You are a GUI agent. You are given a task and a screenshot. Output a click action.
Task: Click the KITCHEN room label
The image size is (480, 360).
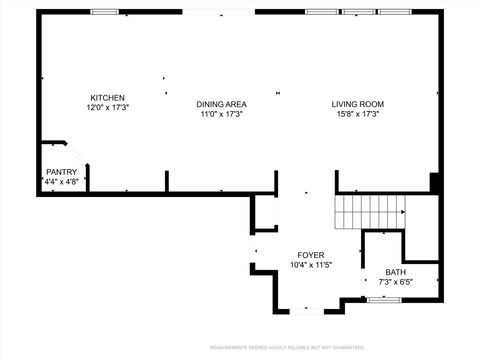(x=108, y=98)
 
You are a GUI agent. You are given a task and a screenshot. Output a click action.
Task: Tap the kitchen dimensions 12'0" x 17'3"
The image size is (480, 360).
(x=108, y=107)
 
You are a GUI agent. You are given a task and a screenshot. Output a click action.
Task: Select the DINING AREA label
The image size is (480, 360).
(x=221, y=104)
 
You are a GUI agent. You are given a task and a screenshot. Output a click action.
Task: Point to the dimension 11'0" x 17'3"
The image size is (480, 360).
(x=221, y=114)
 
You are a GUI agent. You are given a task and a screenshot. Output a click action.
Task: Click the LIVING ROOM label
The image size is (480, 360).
(x=358, y=104)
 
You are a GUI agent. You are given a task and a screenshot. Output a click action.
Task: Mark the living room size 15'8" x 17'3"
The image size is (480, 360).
(x=358, y=114)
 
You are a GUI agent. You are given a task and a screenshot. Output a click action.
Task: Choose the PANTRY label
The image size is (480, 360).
(x=61, y=172)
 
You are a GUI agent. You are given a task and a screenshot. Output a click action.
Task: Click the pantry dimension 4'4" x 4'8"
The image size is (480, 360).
(x=61, y=182)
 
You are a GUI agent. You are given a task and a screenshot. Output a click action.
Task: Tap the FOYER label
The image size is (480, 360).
(x=310, y=256)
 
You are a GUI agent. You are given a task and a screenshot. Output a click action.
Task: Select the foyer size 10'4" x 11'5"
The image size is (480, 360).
(x=310, y=266)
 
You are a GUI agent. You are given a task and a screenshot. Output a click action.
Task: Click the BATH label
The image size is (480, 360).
(x=396, y=272)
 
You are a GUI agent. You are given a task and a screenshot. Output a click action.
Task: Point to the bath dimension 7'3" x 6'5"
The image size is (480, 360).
(x=396, y=282)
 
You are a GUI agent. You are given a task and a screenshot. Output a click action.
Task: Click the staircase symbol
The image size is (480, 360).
(x=369, y=211)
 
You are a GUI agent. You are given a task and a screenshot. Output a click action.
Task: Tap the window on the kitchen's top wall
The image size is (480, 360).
(x=104, y=12)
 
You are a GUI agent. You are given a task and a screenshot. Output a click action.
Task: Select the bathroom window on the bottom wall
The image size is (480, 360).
(x=385, y=300)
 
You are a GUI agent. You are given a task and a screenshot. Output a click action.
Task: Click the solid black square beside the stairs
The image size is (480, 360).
(x=434, y=183)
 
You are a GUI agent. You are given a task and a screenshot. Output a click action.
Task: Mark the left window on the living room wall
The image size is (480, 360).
(x=320, y=12)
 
